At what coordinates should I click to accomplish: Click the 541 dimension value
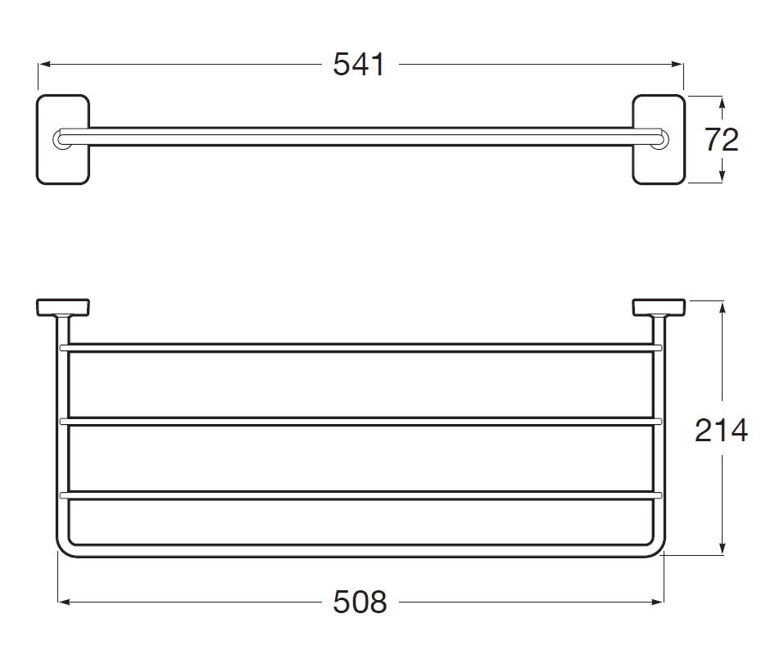pyautogui.click(x=359, y=65)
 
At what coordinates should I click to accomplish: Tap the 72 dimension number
pyautogui.click(x=722, y=140)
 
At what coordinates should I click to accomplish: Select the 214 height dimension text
pyautogui.click(x=721, y=430)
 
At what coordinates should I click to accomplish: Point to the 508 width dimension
pyautogui.click(x=360, y=602)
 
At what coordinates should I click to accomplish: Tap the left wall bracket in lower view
pyautogui.click(x=63, y=308)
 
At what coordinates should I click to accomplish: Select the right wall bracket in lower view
pyautogui.click(x=659, y=308)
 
